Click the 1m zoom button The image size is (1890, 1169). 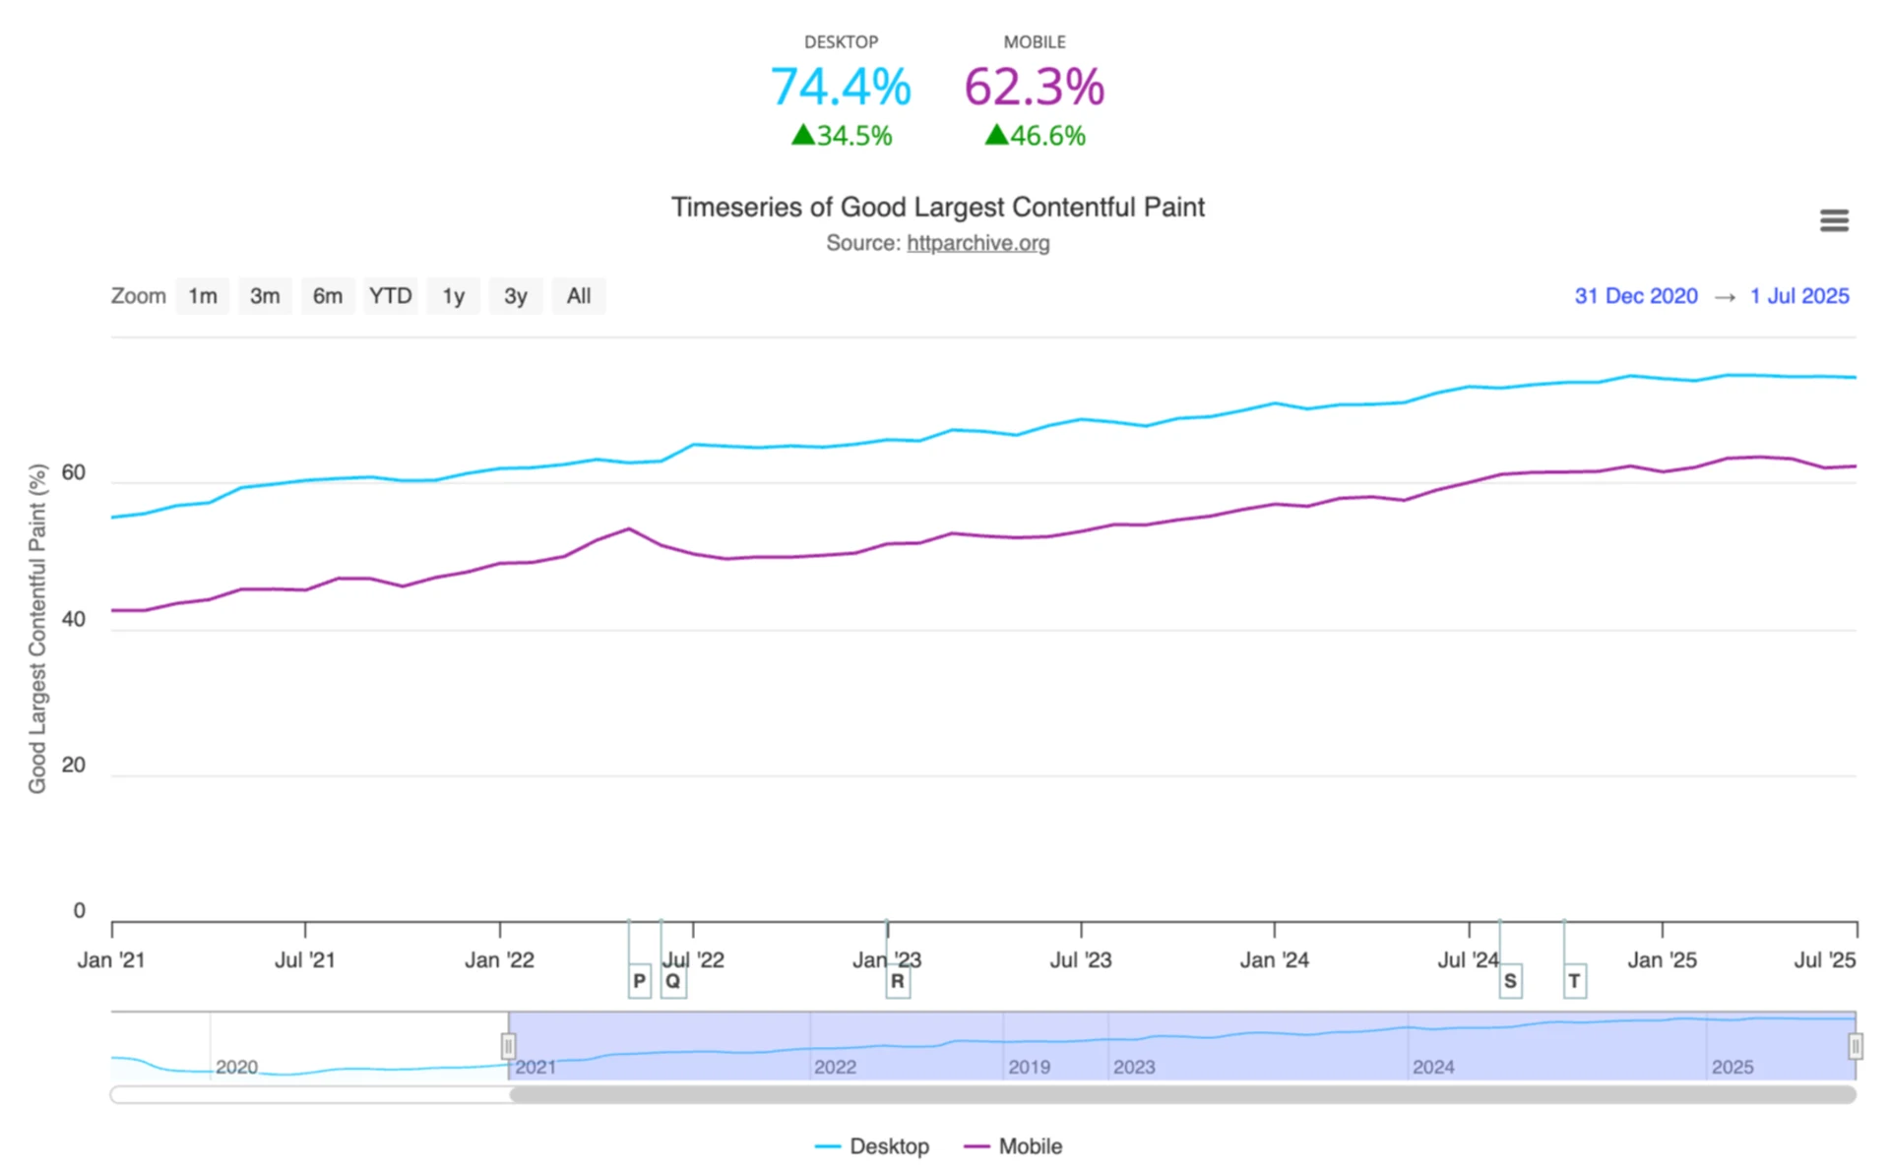click(x=203, y=296)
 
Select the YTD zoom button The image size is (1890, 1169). click(x=390, y=296)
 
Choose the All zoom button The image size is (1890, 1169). click(x=579, y=296)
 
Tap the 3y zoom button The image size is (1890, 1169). click(x=516, y=296)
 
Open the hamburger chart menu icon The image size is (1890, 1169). click(x=1834, y=220)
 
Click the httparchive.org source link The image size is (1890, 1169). click(x=977, y=243)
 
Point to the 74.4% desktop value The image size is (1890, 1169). click(x=841, y=87)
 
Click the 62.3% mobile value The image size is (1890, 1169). click(x=1034, y=87)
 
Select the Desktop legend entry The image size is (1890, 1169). click(x=872, y=1146)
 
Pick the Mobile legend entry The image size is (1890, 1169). click(x=1014, y=1146)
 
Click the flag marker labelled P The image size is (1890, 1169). click(x=640, y=981)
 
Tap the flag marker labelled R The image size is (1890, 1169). click(x=897, y=981)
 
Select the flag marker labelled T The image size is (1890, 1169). click(x=1574, y=981)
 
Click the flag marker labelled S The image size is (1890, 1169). click(x=1510, y=981)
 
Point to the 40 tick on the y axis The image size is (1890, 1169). click(x=73, y=619)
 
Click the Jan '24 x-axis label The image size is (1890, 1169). click(x=1274, y=960)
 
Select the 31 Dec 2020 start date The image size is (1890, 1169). click(x=1635, y=296)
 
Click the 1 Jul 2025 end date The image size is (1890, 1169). click(x=1798, y=296)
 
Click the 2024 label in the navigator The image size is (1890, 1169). click(x=1432, y=1067)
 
